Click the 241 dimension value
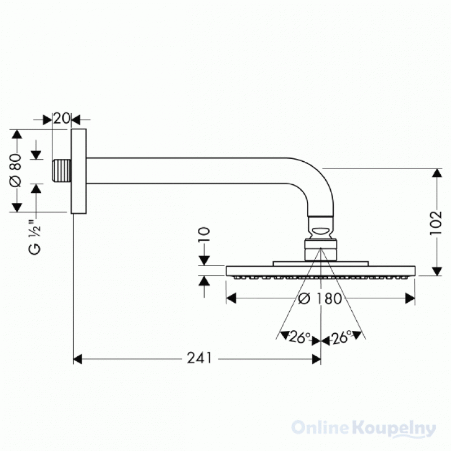pos(200,358)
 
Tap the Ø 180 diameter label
pos(320,298)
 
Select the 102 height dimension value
pos(436,223)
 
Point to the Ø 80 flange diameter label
pos(16,170)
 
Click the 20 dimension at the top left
pos(61,118)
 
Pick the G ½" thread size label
pos(35,237)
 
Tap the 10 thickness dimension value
pos(204,235)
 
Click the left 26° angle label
pos(299,337)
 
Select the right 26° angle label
pos(342,337)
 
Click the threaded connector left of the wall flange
pos(61,171)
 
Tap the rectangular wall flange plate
pos(78,171)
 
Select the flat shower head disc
pos(320,271)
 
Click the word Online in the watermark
pos(321,427)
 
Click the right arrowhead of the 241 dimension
pos(316,359)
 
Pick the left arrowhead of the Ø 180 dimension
pos(231,298)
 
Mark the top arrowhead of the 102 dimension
pos(437,173)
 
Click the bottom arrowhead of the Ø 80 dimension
pos(17,207)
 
